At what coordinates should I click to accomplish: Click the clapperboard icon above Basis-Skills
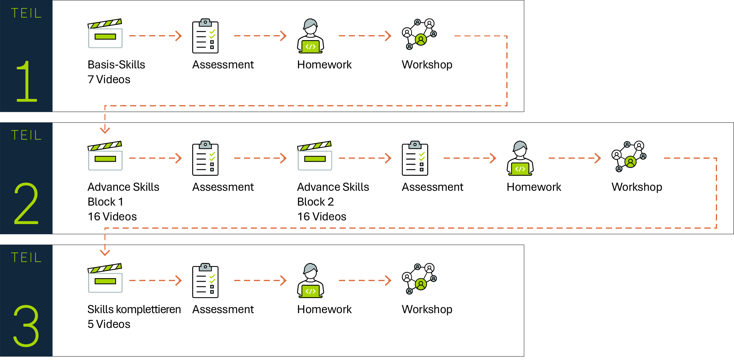[105, 34]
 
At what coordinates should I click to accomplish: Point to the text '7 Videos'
[109, 80]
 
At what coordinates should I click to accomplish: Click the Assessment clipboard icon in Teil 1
[205, 36]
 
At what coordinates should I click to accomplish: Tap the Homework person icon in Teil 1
[310, 36]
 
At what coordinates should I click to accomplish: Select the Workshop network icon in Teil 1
[419, 34]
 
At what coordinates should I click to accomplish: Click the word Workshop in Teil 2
[637, 187]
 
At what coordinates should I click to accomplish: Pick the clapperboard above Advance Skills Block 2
[315, 156]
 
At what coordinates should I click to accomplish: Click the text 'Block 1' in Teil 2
[105, 202]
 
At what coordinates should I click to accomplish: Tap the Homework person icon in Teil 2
[520, 158]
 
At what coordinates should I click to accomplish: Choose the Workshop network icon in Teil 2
[629, 156]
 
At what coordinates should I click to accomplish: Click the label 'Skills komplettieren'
[134, 309]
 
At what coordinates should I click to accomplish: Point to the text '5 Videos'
[109, 324]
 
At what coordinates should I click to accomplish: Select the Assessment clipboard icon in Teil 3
[205, 280]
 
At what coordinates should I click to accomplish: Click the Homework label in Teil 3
[324, 309]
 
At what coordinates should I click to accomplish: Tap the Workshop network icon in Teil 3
[419, 279]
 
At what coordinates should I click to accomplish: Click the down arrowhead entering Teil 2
[105, 130]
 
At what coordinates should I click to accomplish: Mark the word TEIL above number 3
[26, 257]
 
